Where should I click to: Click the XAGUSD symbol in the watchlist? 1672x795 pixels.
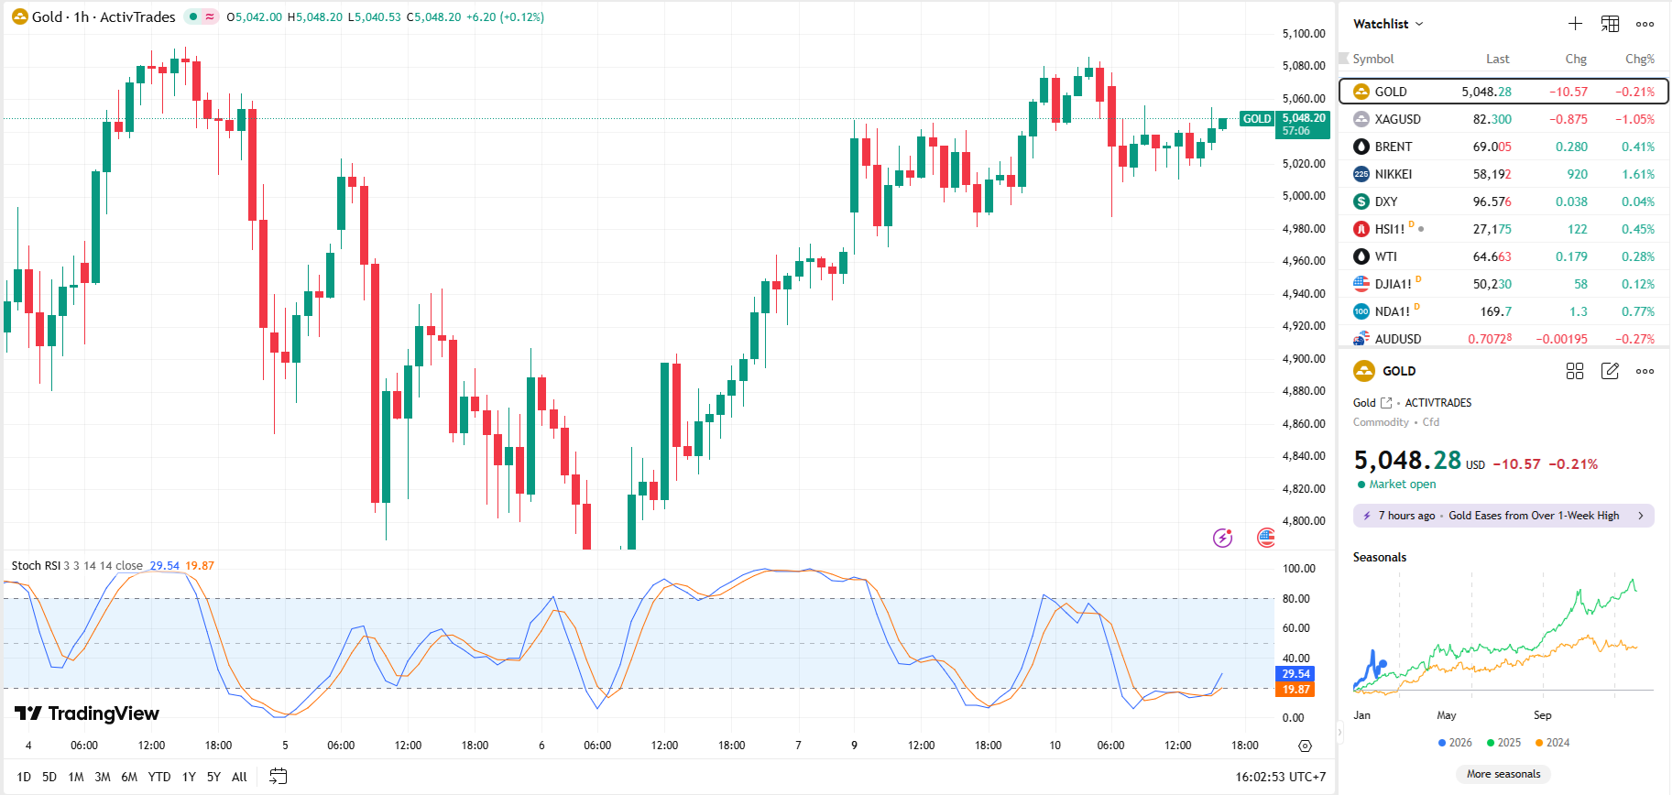(x=1397, y=119)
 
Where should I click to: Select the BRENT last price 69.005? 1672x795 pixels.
(x=1492, y=147)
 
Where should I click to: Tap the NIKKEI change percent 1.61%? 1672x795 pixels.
(x=1637, y=174)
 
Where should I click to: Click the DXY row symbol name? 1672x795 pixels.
(x=1386, y=201)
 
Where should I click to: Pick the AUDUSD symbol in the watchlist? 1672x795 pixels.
(x=1397, y=339)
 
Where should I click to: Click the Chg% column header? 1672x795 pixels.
(x=1639, y=59)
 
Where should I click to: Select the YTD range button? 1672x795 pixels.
(x=159, y=777)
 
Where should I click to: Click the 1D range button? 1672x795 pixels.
(x=24, y=777)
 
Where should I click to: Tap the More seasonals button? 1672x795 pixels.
(x=1503, y=774)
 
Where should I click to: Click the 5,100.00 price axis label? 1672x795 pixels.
(x=1303, y=34)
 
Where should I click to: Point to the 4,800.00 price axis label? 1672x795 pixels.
(x=1303, y=521)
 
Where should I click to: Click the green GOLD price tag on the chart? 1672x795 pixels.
(x=1257, y=119)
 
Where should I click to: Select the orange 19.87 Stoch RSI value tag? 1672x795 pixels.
(x=1295, y=690)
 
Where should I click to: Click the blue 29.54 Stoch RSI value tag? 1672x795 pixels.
(x=1295, y=674)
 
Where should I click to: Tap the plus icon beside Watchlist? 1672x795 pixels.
(x=1575, y=24)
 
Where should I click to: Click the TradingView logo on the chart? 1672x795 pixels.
(x=87, y=713)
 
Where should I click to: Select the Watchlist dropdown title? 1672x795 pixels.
(x=1387, y=24)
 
